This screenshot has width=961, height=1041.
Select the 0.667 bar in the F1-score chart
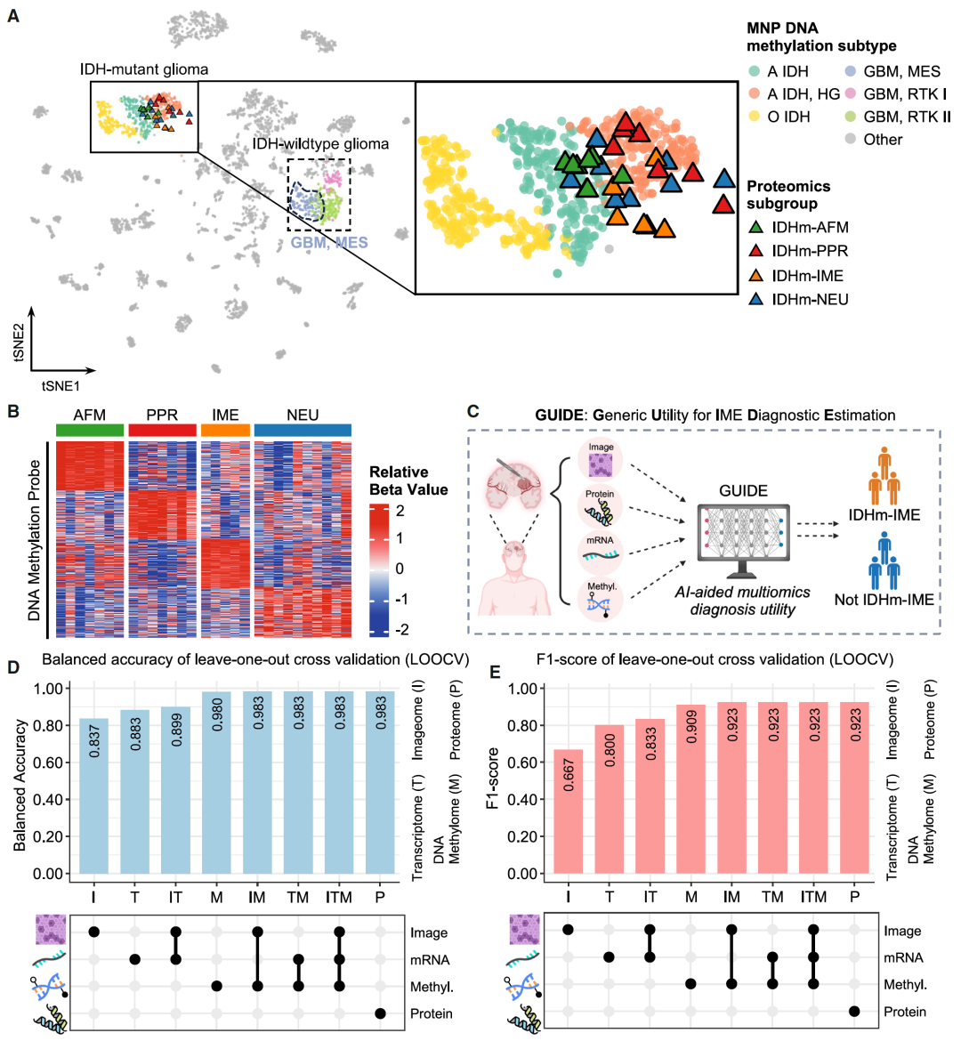[568, 811]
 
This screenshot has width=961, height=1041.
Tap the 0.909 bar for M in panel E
[690, 788]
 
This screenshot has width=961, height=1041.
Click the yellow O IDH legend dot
[754, 117]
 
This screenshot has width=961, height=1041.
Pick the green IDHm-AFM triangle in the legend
[756, 228]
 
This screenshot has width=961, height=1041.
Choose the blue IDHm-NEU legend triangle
[756, 300]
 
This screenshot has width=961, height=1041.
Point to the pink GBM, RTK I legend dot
[850, 93]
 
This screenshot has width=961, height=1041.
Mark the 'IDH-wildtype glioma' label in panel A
[320, 143]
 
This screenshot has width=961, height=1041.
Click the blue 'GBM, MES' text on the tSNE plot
[329, 242]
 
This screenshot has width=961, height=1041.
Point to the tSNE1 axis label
[61, 386]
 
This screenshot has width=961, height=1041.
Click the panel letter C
[472, 412]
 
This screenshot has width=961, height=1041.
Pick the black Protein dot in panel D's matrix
[380, 1013]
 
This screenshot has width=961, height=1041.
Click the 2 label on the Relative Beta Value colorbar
[400, 511]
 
